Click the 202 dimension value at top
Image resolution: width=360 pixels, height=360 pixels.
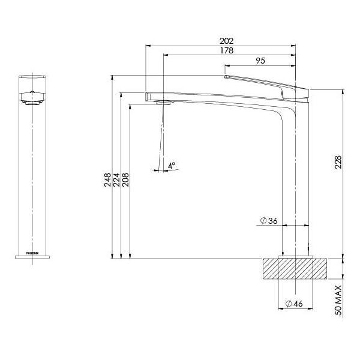pyautogui.click(x=227, y=41)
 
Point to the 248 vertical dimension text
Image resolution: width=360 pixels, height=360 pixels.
pyautogui.click(x=107, y=180)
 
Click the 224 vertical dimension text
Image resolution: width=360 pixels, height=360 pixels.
pyautogui.click(x=116, y=180)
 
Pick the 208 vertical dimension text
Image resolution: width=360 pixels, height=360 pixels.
pyautogui.click(x=125, y=180)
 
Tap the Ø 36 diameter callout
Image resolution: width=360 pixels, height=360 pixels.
pyautogui.click(x=269, y=221)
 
